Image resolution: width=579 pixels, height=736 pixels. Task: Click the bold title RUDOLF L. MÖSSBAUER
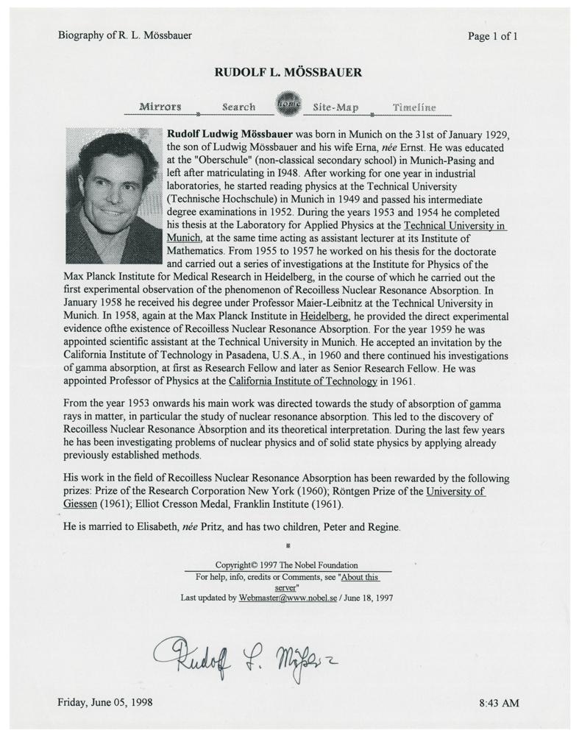pos(288,72)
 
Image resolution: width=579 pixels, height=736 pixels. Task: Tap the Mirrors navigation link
pos(160,107)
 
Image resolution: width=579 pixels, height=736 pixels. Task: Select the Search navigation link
pos(238,107)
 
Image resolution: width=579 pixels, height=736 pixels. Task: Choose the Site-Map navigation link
pos(335,107)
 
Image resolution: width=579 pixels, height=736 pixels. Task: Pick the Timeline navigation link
pos(413,107)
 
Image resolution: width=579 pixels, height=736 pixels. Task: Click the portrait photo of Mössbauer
pos(113,195)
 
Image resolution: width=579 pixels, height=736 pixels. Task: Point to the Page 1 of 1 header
pos(492,36)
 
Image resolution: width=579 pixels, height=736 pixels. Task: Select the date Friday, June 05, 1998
pos(104,702)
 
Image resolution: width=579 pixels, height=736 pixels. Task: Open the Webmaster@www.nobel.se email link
pos(287,598)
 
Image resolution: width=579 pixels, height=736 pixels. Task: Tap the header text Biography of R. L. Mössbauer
pos(124,35)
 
